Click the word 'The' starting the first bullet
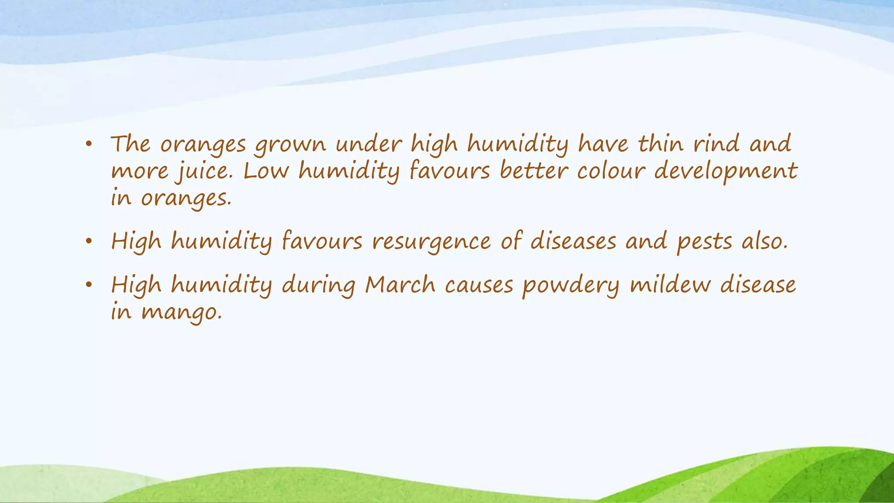[130, 145]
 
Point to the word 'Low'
[266, 171]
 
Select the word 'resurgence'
[431, 242]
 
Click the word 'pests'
[704, 242]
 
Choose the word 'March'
[400, 285]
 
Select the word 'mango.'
[182, 313]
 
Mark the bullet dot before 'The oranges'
[89, 145]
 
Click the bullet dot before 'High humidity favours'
[89, 241]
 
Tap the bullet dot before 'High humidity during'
[89, 285]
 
